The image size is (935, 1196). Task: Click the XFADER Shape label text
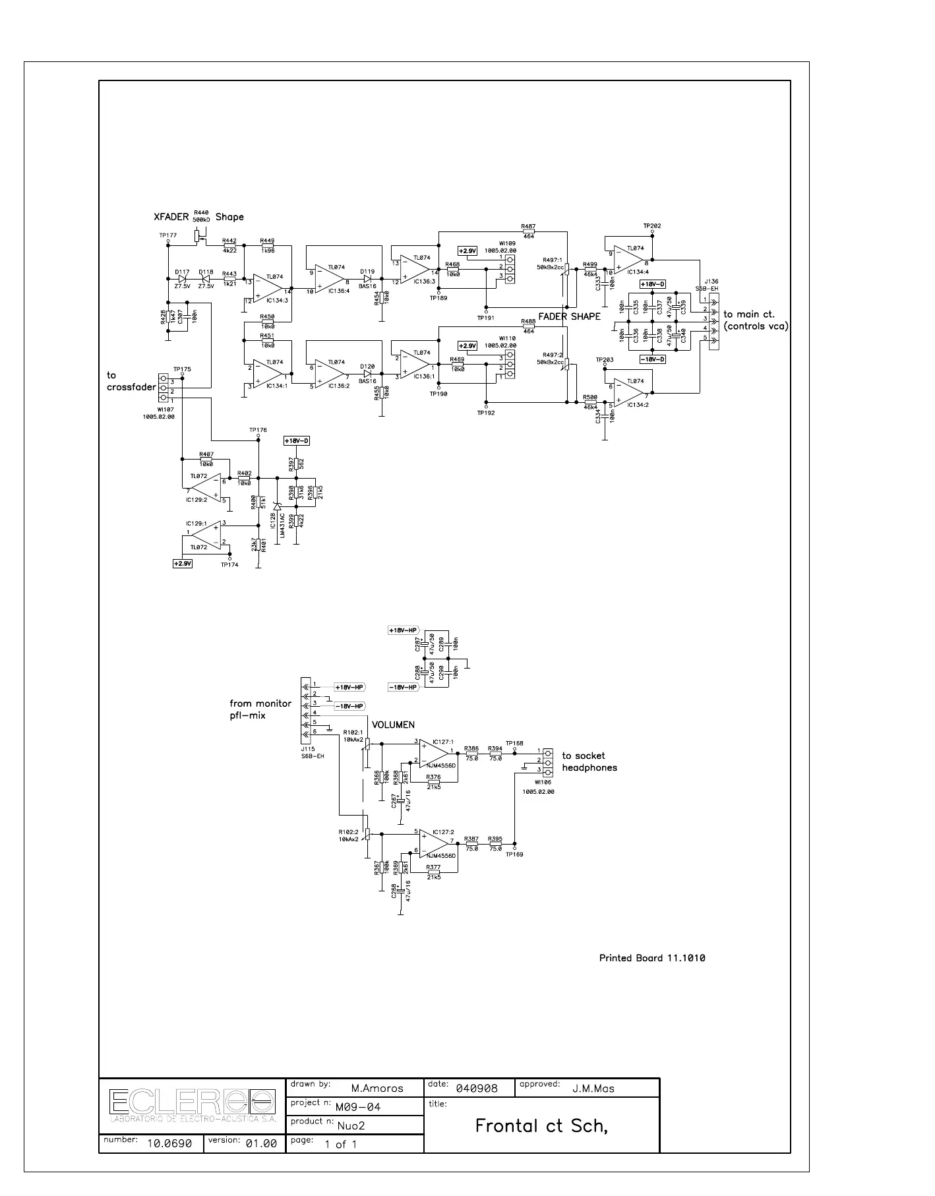tap(198, 217)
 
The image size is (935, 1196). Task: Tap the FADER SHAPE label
tap(569, 316)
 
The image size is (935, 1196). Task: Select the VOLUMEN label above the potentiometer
tap(393, 725)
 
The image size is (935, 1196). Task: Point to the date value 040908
tap(476, 1089)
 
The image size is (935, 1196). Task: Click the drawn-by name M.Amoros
tap(377, 1089)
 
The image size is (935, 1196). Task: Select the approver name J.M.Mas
tap(593, 1089)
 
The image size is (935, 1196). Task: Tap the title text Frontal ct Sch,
tap(541, 1126)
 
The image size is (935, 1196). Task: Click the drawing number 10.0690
tap(169, 1144)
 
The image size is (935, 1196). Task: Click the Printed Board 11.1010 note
tap(651, 958)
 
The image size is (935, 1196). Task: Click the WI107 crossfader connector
tap(163, 391)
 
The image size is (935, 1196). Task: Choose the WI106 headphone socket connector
tap(547, 761)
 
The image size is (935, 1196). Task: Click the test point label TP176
tap(258, 430)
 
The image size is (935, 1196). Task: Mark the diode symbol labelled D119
tap(367, 279)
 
